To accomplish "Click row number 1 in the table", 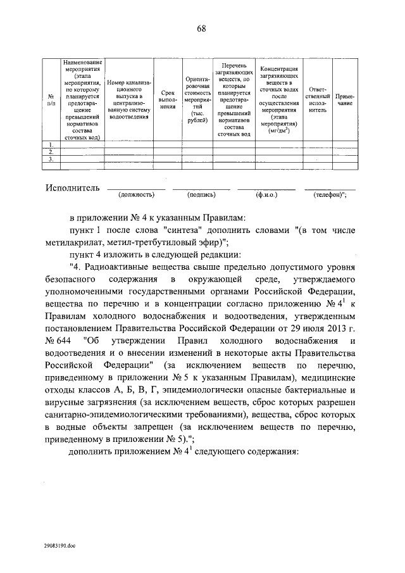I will (x=51, y=145).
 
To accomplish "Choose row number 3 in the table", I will (x=51, y=159).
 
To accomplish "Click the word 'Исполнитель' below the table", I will (x=73, y=188).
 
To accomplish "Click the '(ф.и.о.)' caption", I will (x=266, y=196).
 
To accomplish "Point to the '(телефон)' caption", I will (x=330, y=196).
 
